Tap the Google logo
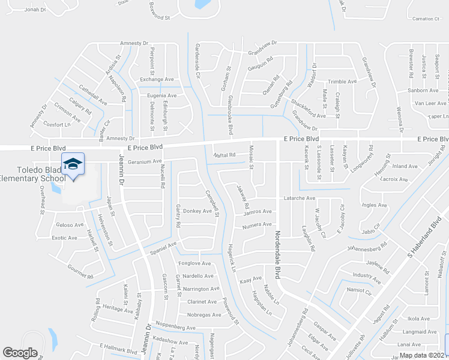click(x=20, y=353)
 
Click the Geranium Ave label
click(x=145, y=161)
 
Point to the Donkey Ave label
click(x=198, y=211)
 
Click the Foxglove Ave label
click(x=195, y=263)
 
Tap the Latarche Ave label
click(x=300, y=198)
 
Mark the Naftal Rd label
click(x=224, y=155)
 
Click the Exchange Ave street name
click(x=157, y=79)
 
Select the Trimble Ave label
click(x=342, y=82)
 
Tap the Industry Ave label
click(x=367, y=277)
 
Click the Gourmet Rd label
click(x=80, y=272)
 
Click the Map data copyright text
click(x=424, y=355)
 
